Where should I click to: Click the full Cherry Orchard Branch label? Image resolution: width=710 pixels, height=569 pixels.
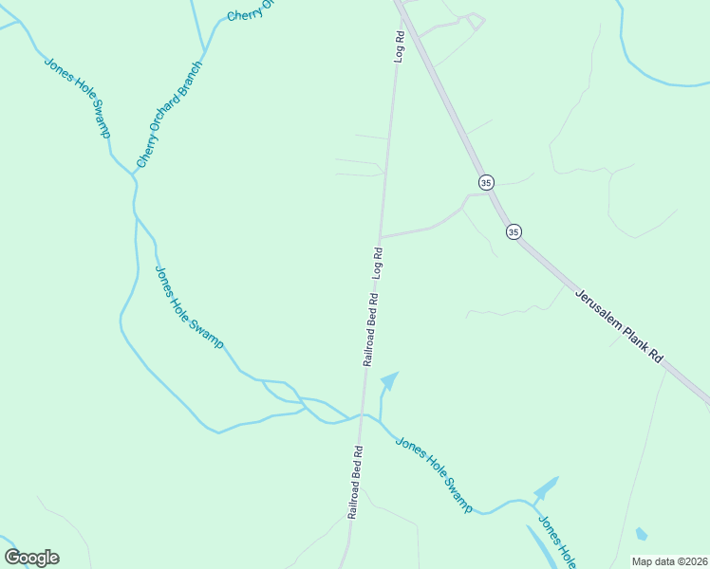tap(170, 115)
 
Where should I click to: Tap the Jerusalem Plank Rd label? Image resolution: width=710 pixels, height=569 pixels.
tap(619, 326)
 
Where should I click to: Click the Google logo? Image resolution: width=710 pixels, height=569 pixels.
tap(32, 558)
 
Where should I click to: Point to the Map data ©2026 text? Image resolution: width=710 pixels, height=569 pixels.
tap(669, 560)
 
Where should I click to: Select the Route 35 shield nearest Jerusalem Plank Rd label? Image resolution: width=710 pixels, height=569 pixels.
tap(514, 231)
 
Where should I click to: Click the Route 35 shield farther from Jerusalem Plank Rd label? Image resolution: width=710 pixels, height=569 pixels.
tap(486, 182)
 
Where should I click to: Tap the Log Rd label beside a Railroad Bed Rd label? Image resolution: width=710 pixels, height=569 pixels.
tap(378, 262)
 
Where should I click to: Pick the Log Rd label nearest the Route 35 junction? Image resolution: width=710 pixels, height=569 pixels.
tap(401, 47)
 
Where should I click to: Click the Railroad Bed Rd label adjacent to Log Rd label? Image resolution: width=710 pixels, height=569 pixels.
tap(370, 329)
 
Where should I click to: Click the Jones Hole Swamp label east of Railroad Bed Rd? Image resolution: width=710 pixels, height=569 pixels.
tap(434, 474)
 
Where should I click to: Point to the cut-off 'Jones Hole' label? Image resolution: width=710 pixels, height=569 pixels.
tap(555, 541)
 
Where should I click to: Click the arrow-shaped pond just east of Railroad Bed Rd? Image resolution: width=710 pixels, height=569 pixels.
tap(388, 381)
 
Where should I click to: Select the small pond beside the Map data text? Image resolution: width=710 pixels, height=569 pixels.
tap(642, 534)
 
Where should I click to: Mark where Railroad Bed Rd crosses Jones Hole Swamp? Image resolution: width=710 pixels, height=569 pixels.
tap(362, 414)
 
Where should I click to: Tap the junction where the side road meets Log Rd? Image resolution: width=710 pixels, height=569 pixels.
tap(381, 236)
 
